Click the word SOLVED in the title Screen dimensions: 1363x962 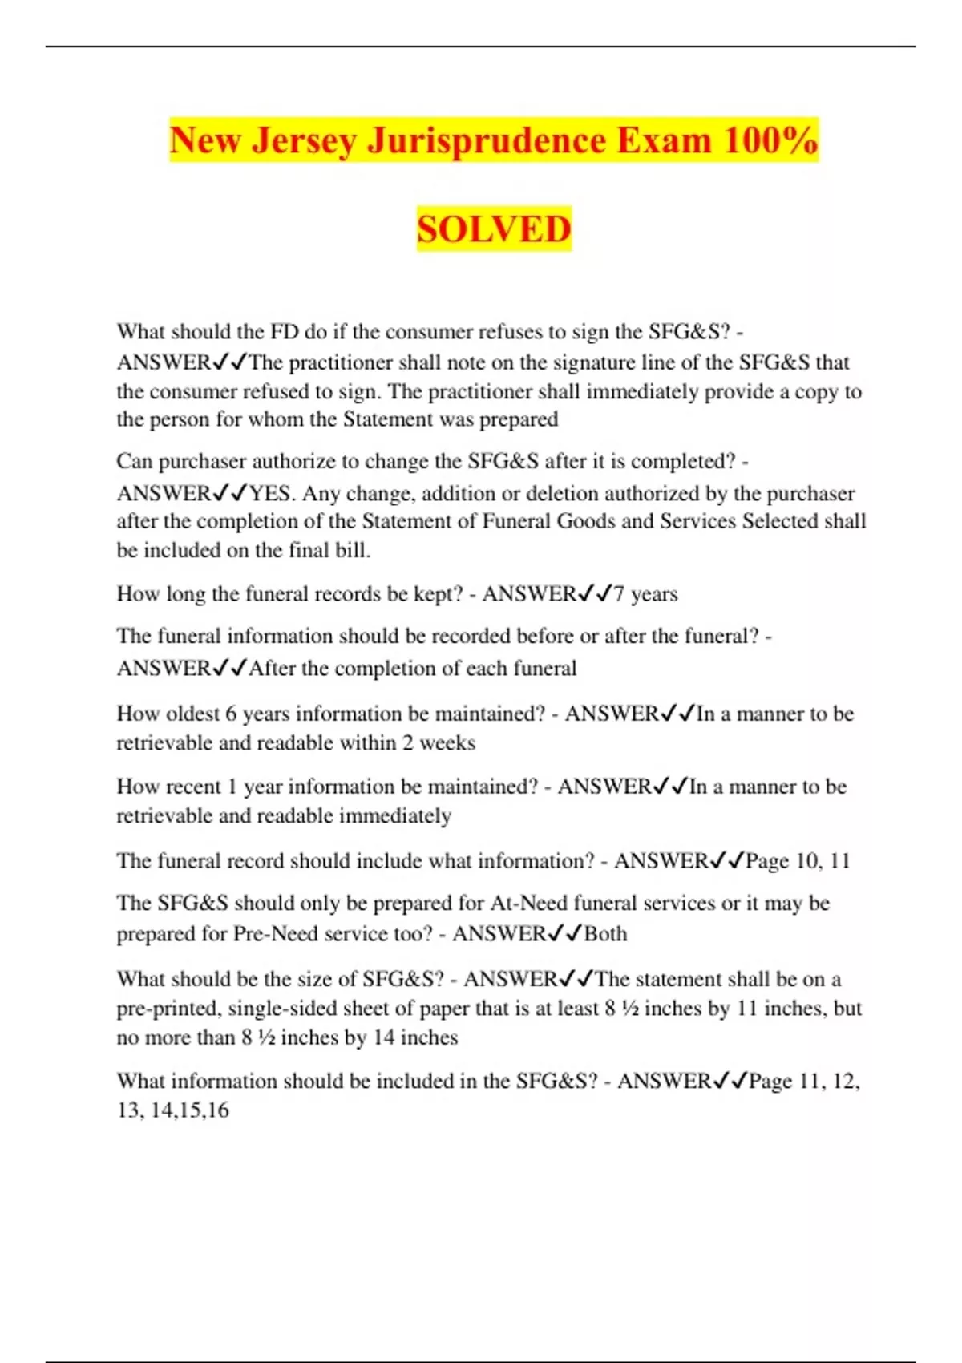click(x=494, y=229)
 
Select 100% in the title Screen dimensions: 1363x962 click(x=770, y=140)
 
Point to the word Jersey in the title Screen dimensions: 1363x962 click(x=305, y=140)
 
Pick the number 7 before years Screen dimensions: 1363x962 click(x=619, y=594)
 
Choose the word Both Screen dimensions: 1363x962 click(x=605, y=934)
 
